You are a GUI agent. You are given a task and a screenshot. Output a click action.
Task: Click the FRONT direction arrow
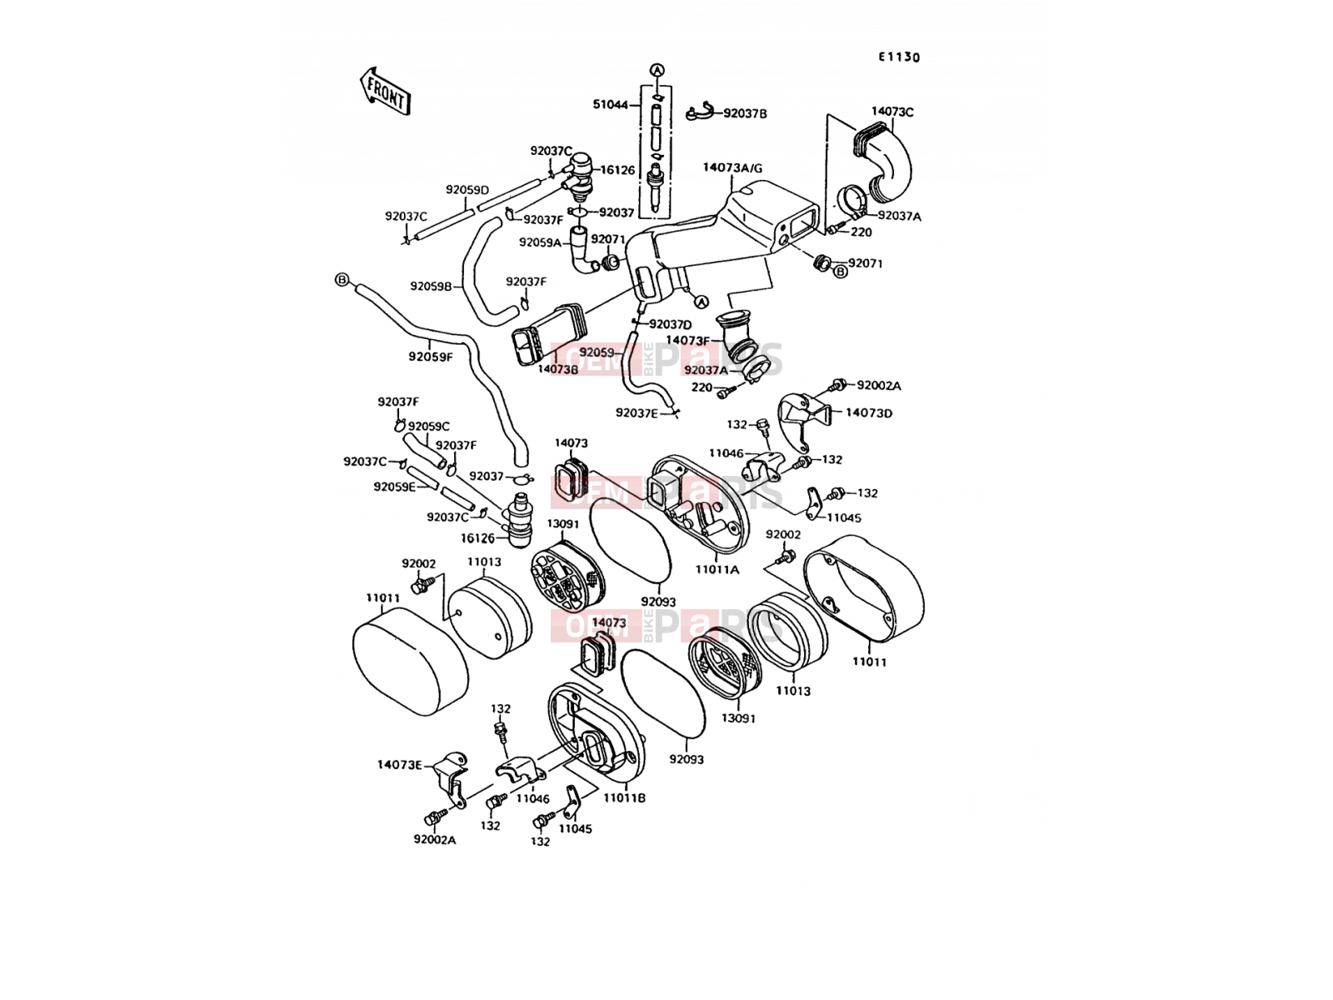[386, 91]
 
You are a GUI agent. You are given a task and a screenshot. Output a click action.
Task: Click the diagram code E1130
[899, 57]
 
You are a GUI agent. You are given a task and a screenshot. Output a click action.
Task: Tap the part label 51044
[611, 104]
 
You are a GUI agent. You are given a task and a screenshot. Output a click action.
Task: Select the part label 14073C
[892, 112]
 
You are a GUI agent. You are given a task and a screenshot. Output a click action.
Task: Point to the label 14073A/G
[732, 167]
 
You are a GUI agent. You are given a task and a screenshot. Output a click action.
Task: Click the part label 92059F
[431, 357]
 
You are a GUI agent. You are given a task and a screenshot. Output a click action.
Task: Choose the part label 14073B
[558, 368]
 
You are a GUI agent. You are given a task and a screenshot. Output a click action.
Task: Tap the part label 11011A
[717, 569]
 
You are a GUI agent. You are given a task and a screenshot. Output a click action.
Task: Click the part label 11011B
[624, 797]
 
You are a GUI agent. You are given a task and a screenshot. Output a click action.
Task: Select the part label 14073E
[399, 764]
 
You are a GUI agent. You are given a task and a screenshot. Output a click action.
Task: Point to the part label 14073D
[869, 412]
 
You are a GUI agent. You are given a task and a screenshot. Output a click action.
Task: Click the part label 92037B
[745, 113]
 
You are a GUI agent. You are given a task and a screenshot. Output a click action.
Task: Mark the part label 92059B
[431, 286]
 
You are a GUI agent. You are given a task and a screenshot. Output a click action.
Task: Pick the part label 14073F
[687, 341]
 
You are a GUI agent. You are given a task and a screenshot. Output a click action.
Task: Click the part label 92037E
[637, 412]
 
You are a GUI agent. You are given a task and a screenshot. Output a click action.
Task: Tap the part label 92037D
[671, 324]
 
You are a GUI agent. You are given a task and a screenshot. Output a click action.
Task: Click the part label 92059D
[467, 189]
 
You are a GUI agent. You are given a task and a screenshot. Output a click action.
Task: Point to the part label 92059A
[541, 242]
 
